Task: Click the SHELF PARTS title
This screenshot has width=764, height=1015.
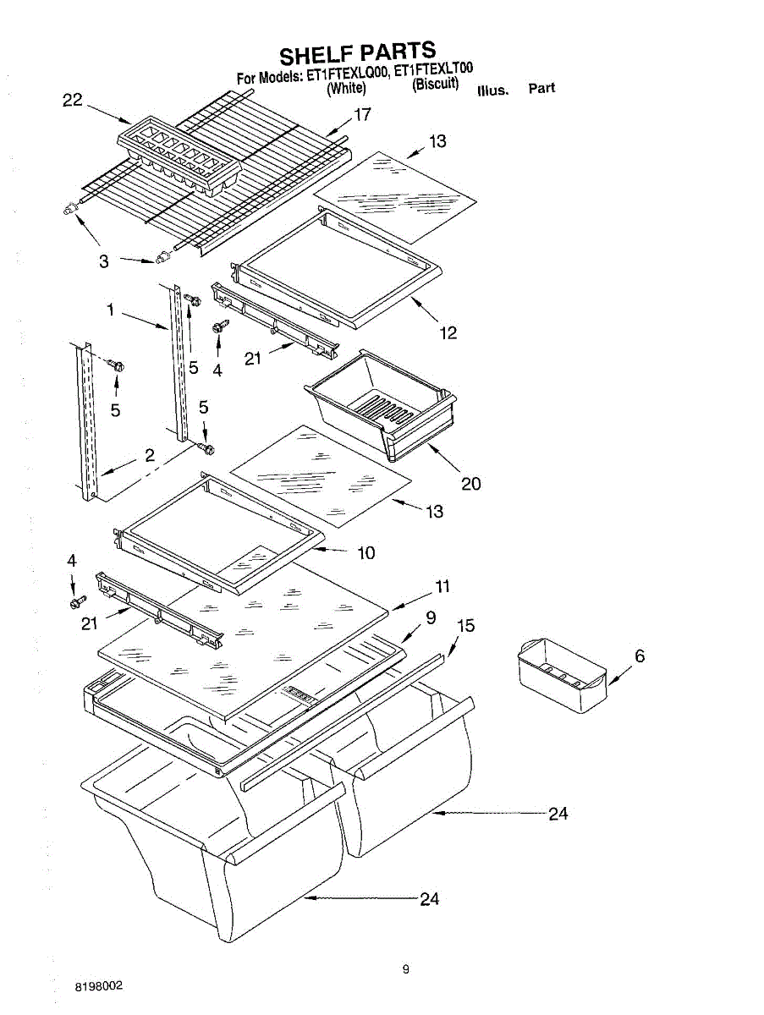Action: pyautogui.click(x=357, y=53)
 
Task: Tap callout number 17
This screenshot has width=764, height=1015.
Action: pyautogui.click(x=362, y=115)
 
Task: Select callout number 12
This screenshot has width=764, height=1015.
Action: pyautogui.click(x=448, y=332)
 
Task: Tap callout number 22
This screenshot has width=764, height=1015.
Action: pyautogui.click(x=73, y=100)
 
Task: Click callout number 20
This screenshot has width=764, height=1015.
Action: pyautogui.click(x=470, y=483)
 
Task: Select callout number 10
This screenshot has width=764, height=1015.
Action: pyautogui.click(x=366, y=553)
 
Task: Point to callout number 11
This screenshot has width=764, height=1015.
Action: pyautogui.click(x=442, y=586)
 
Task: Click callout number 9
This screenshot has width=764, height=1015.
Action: pyautogui.click(x=431, y=618)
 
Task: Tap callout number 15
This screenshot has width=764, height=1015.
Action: pyautogui.click(x=465, y=626)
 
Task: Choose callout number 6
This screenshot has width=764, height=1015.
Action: pyautogui.click(x=640, y=656)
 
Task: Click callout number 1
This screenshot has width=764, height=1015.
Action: pyautogui.click(x=110, y=310)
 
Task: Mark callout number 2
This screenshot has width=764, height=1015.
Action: pyautogui.click(x=149, y=455)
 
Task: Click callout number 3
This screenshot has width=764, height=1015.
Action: pyautogui.click(x=103, y=261)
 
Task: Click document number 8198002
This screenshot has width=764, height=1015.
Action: pyautogui.click(x=99, y=986)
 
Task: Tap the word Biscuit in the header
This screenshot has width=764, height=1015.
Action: pyautogui.click(x=435, y=85)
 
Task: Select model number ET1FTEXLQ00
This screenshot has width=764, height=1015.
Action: pyautogui.click(x=347, y=74)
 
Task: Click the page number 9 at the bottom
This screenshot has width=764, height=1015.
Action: pyautogui.click(x=405, y=970)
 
